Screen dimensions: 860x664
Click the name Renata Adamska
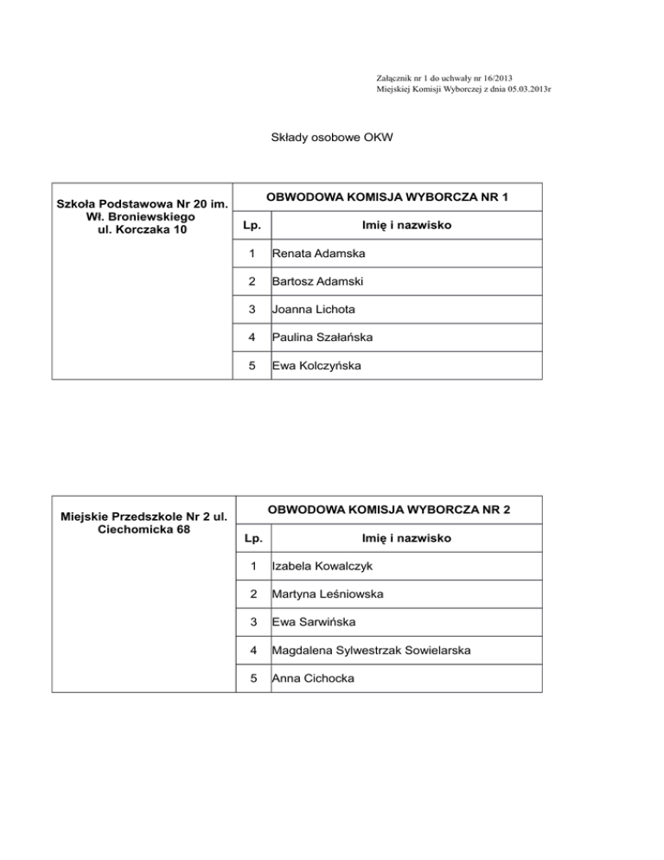point(318,254)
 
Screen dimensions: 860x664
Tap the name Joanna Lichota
point(313,310)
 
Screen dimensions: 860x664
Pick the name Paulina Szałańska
point(322,337)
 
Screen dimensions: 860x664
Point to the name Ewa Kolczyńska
point(317,365)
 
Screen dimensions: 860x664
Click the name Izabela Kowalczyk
point(322,568)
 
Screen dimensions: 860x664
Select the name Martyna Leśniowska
point(327,595)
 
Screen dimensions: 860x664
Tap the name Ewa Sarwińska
point(311,623)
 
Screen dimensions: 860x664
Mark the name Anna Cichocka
point(313,678)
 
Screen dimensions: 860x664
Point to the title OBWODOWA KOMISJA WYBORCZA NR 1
point(386,197)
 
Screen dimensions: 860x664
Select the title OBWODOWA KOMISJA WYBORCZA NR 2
point(389,510)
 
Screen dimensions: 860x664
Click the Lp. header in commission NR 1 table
point(252,227)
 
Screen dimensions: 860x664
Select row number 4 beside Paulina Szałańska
point(251,337)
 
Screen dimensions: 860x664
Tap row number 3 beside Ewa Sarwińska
point(252,623)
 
